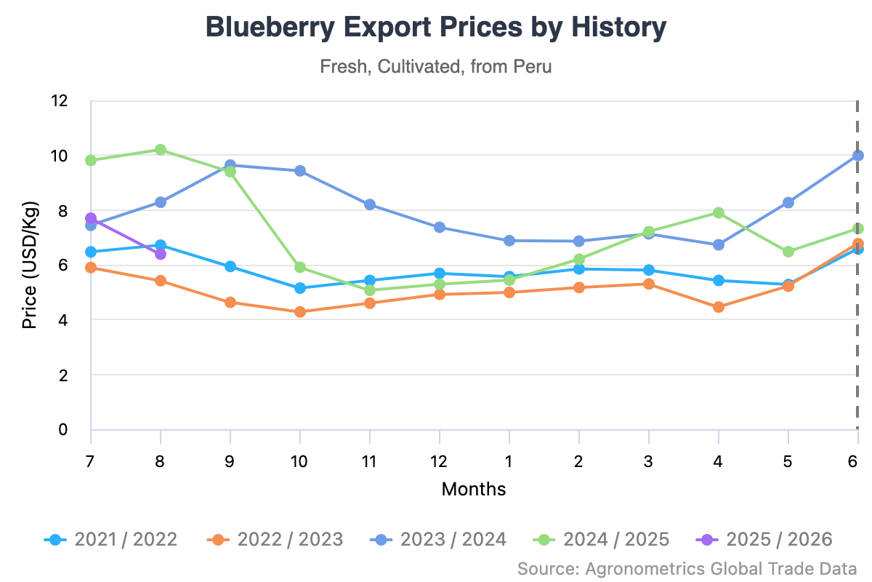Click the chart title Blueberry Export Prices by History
(x=436, y=28)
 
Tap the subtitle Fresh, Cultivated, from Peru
(x=436, y=67)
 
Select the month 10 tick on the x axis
(x=299, y=461)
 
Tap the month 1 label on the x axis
(x=509, y=461)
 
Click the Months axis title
(x=474, y=489)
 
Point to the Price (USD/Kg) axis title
(x=29, y=266)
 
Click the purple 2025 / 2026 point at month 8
(x=161, y=254)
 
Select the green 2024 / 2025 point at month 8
(x=161, y=150)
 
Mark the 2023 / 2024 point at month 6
(x=857, y=156)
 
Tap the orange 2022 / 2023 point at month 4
(x=718, y=307)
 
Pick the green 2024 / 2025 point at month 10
(x=299, y=268)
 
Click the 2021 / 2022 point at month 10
(x=299, y=288)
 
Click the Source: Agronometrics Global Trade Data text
(x=687, y=568)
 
